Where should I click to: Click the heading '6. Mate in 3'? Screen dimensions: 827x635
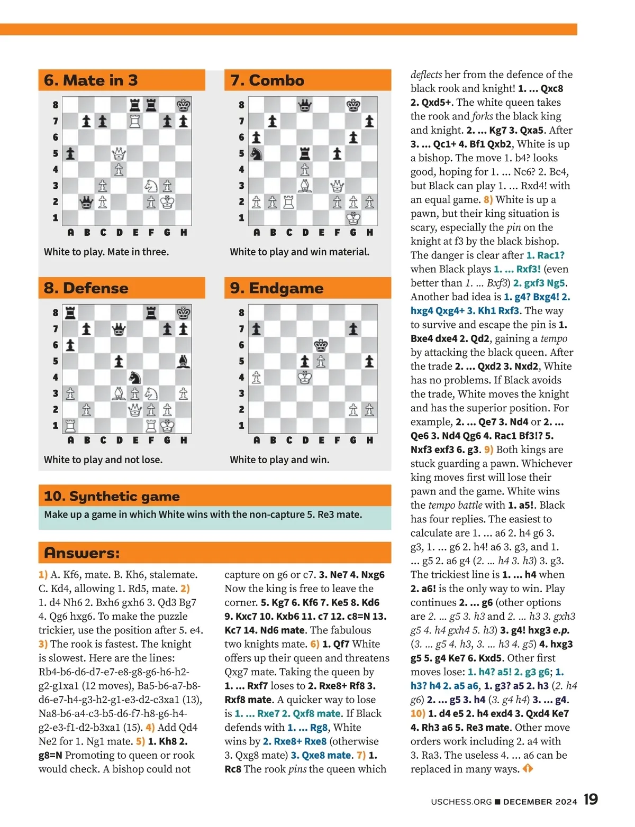click(x=91, y=80)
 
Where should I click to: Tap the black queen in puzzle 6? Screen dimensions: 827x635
click(x=86, y=202)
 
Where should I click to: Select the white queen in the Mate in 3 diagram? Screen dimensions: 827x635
click(x=119, y=154)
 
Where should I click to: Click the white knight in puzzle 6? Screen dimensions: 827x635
click(x=151, y=186)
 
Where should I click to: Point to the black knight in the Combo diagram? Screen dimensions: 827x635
click(x=256, y=154)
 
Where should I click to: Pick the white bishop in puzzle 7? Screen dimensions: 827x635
click(x=305, y=186)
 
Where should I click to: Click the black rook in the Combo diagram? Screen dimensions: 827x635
click(x=305, y=154)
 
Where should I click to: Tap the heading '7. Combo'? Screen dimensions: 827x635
click(x=267, y=80)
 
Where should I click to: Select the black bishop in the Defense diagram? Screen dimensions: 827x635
click(x=184, y=362)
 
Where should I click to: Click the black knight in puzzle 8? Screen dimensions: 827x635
click(x=135, y=378)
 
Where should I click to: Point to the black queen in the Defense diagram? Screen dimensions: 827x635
click(x=119, y=329)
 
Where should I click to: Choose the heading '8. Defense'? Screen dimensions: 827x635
click(x=86, y=288)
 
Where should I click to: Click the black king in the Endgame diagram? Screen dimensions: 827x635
click(x=321, y=345)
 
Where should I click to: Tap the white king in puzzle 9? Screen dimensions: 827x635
click(x=305, y=378)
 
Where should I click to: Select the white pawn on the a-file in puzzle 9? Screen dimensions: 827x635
click(x=256, y=378)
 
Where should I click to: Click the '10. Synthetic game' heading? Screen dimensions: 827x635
click(x=112, y=496)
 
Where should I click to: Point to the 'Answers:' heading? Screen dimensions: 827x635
click(x=82, y=553)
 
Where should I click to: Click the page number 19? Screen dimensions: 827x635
click(x=591, y=800)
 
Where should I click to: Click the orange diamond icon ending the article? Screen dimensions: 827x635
click(x=528, y=769)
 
